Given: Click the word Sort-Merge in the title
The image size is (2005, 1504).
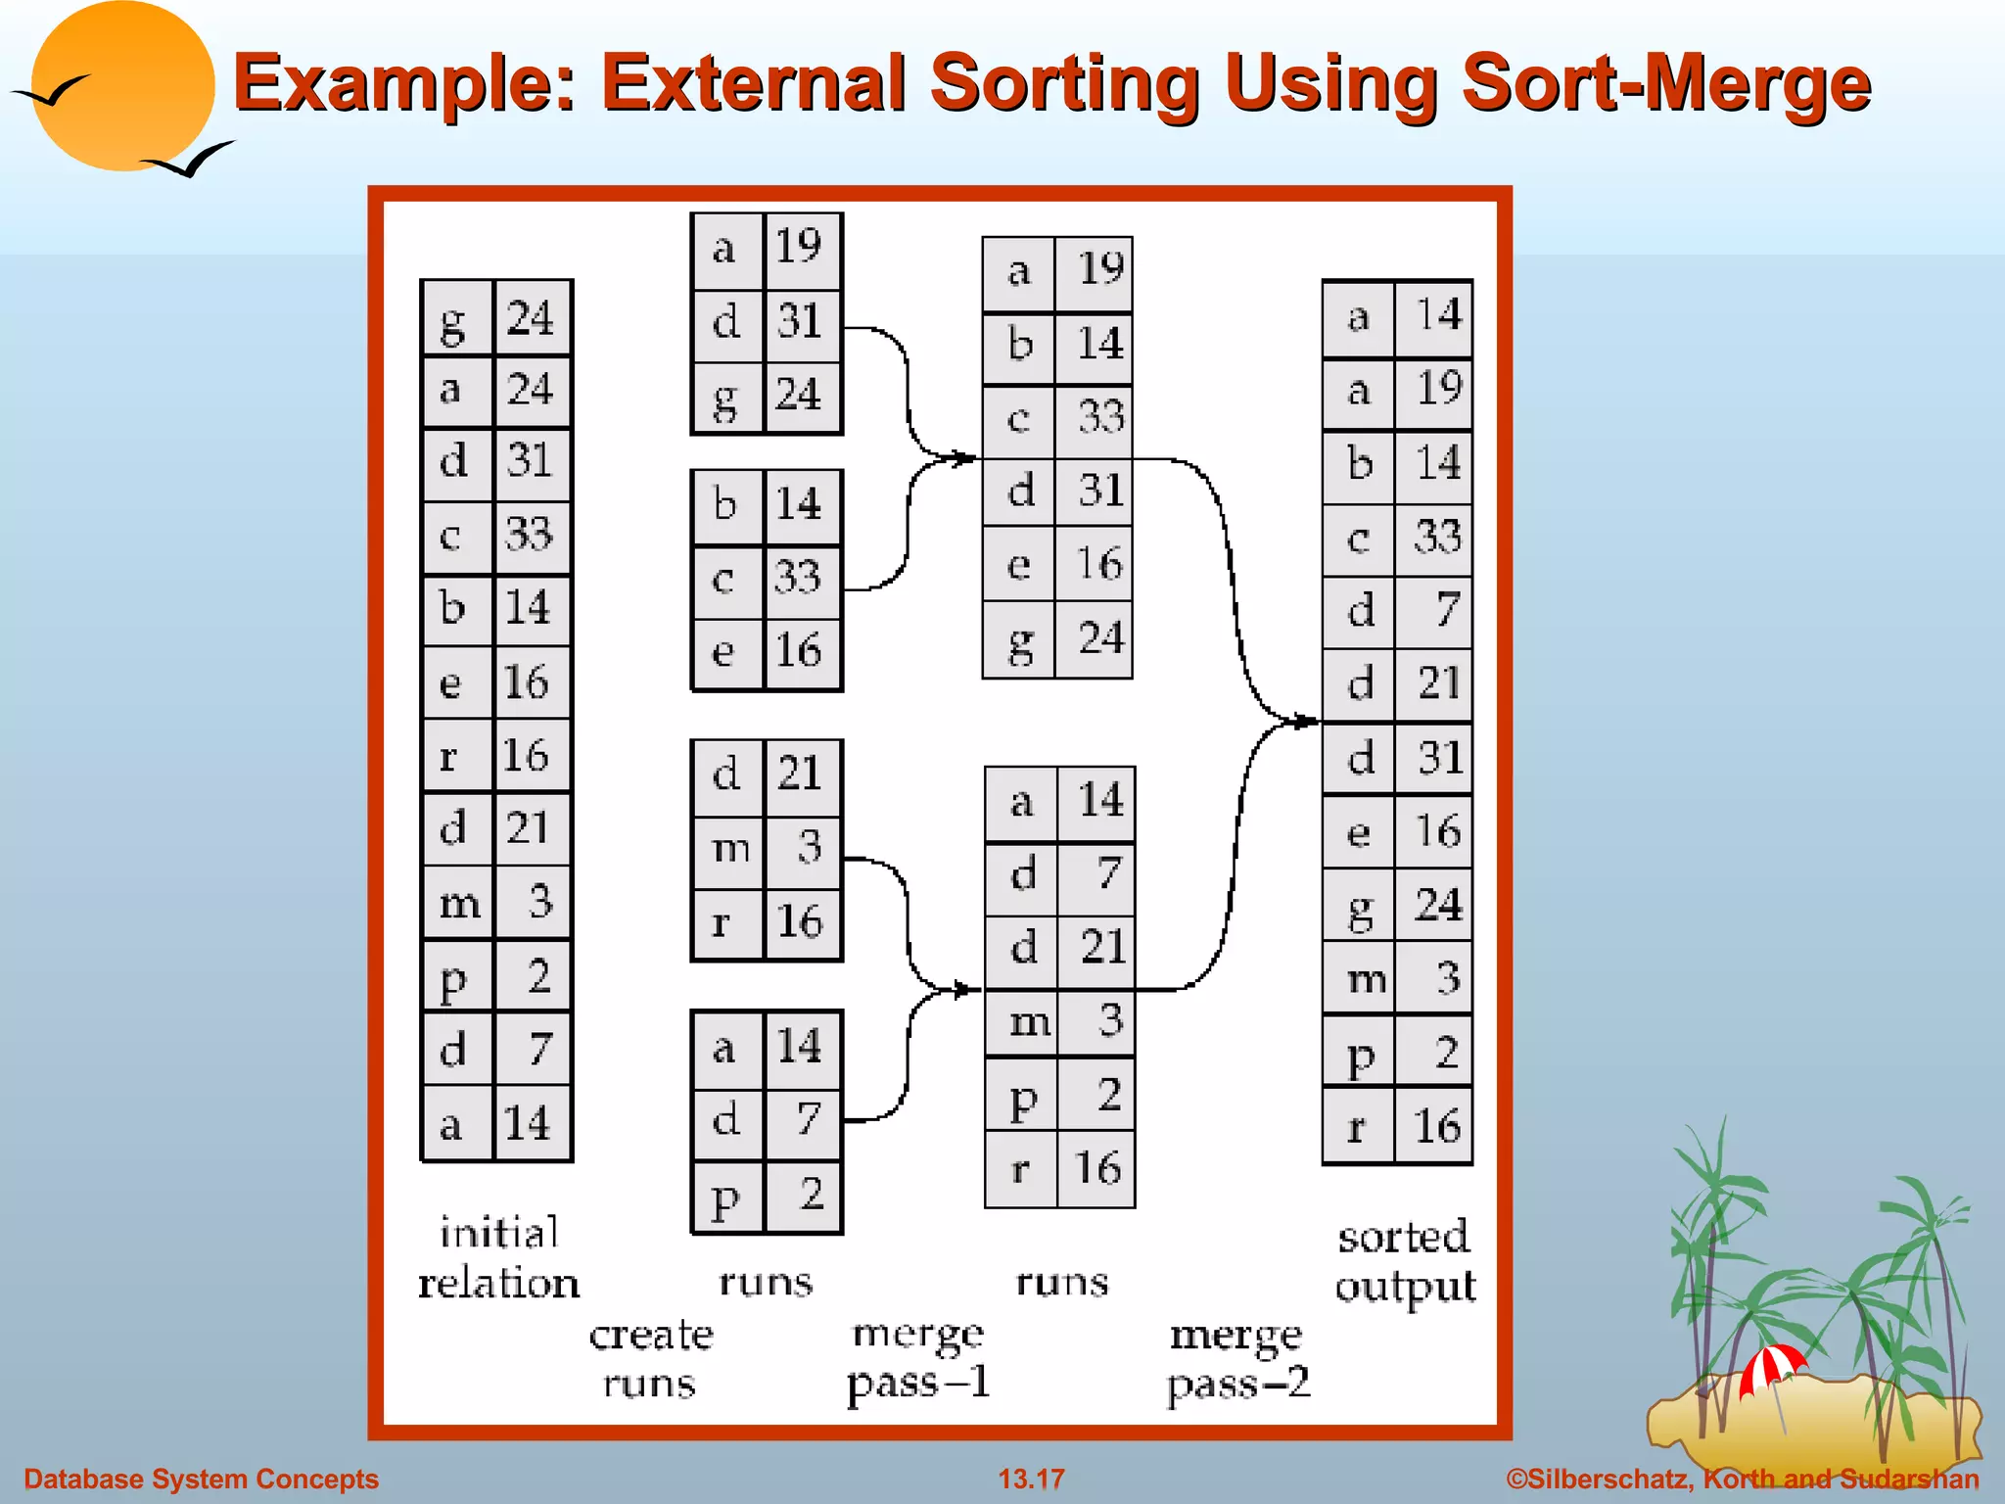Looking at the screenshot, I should pyautogui.click(x=1664, y=83).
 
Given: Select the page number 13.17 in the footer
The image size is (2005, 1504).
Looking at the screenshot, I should pyautogui.click(x=1030, y=1479).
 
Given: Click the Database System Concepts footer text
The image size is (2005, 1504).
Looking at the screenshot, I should pyautogui.click(x=201, y=1479).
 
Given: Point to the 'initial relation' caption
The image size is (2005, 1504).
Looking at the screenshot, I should pyautogui.click(x=498, y=1258).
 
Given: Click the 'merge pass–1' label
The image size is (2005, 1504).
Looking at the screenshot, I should pyautogui.click(x=918, y=1359).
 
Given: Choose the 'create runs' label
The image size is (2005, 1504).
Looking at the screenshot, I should pyautogui.click(x=651, y=1359).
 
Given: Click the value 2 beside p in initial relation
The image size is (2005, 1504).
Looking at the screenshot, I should pyautogui.click(x=537, y=976).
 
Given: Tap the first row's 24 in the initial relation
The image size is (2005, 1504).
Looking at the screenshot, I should pyautogui.click(x=530, y=317).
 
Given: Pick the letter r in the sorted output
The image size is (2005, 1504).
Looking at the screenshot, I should pyautogui.click(x=1356, y=1128).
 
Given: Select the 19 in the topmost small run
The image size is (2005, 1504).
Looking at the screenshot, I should pyautogui.click(x=798, y=246).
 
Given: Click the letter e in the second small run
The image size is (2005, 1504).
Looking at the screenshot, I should pyautogui.click(x=723, y=651).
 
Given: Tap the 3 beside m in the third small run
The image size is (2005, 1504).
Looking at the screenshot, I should pyautogui.click(x=808, y=846).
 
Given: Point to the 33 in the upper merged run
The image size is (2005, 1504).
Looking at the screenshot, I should pyautogui.click(x=1099, y=417).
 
